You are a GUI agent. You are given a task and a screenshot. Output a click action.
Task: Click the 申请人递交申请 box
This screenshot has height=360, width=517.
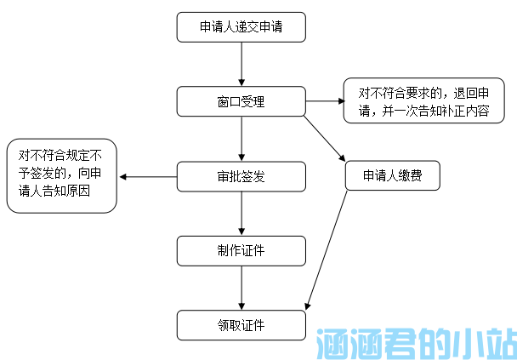[241, 27]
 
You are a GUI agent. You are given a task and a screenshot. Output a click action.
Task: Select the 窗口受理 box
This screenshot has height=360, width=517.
[241, 101]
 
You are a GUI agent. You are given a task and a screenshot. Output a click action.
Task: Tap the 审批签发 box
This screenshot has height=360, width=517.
[241, 176]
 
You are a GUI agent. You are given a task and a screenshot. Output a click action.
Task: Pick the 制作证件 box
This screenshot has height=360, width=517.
[241, 250]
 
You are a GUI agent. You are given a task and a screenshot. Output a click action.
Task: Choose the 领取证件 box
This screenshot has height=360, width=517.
[241, 325]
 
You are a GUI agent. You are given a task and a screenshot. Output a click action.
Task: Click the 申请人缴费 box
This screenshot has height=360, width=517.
[392, 176]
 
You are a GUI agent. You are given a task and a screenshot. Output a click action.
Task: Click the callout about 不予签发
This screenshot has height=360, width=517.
[60, 176]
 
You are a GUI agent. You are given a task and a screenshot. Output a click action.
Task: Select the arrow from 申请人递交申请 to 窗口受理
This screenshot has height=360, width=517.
[241, 64]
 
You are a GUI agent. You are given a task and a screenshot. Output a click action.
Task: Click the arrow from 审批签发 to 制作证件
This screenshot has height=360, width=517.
[241, 214]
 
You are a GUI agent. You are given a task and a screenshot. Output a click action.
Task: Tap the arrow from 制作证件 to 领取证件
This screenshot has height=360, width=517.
[241, 288]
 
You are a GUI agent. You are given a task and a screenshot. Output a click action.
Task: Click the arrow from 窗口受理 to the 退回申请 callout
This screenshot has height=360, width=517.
[323, 101]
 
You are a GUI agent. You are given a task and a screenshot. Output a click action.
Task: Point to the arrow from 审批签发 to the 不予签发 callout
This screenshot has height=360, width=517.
[148, 177]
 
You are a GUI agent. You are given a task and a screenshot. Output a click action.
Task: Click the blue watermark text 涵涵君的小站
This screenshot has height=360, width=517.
[415, 343]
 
